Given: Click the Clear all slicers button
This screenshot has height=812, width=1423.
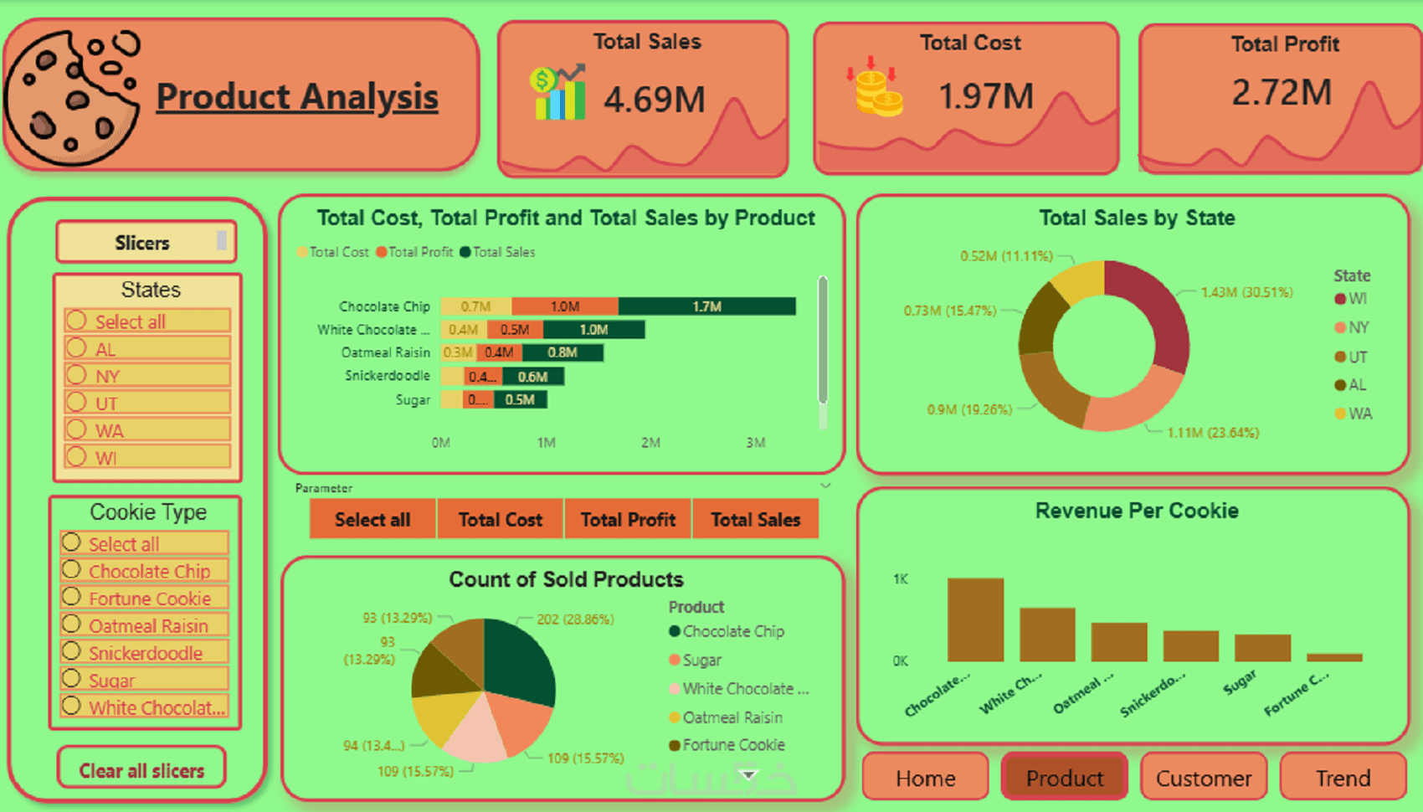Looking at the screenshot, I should point(141,770).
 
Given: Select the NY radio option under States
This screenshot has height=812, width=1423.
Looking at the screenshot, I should point(77,375).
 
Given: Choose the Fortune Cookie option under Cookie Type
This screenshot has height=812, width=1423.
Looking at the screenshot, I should point(72,598).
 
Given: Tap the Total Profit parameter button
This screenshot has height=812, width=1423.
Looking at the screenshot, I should point(628,520).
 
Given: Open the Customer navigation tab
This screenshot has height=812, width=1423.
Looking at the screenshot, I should point(1204,779).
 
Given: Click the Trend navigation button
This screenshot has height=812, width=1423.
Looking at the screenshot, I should point(1343,779).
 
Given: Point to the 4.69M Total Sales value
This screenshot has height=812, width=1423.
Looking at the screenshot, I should point(655,100).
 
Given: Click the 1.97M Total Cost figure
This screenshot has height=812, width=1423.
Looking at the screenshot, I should point(986,96).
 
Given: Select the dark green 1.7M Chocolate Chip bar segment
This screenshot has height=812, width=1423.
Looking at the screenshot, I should point(706,306).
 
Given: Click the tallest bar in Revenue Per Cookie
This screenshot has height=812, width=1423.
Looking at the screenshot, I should point(975,619).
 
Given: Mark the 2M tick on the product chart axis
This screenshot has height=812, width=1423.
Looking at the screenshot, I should point(650,443).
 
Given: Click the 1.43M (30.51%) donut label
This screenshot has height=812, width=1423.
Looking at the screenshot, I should point(1246,292).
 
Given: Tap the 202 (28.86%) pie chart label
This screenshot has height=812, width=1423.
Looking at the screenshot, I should point(575,619).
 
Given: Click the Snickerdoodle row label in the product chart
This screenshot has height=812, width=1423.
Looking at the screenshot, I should point(387,376).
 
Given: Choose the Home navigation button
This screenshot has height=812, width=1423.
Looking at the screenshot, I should point(925,779).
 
